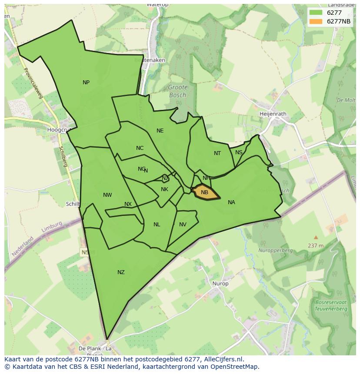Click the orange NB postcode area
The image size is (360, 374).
(204, 192)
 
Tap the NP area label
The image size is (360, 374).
(86, 83)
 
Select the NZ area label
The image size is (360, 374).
(121, 272)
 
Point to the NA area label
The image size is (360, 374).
(231, 202)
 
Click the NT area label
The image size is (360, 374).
(217, 153)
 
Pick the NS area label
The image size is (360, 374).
(239, 152)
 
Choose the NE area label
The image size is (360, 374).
(160, 131)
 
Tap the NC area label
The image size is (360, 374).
(140, 148)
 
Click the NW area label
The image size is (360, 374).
(107, 195)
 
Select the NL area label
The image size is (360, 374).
(157, 225)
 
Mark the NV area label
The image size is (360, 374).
(183, 225)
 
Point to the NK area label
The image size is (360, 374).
(164, 189)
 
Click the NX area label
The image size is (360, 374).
(128, 204)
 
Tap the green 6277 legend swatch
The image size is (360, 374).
(316, 13)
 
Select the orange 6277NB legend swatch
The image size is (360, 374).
(316, 22)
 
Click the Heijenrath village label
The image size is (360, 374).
(273, 114)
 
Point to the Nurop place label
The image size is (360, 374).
(220, 284)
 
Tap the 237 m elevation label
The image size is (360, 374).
(316, 245)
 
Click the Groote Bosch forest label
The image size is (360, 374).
(177, 91)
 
